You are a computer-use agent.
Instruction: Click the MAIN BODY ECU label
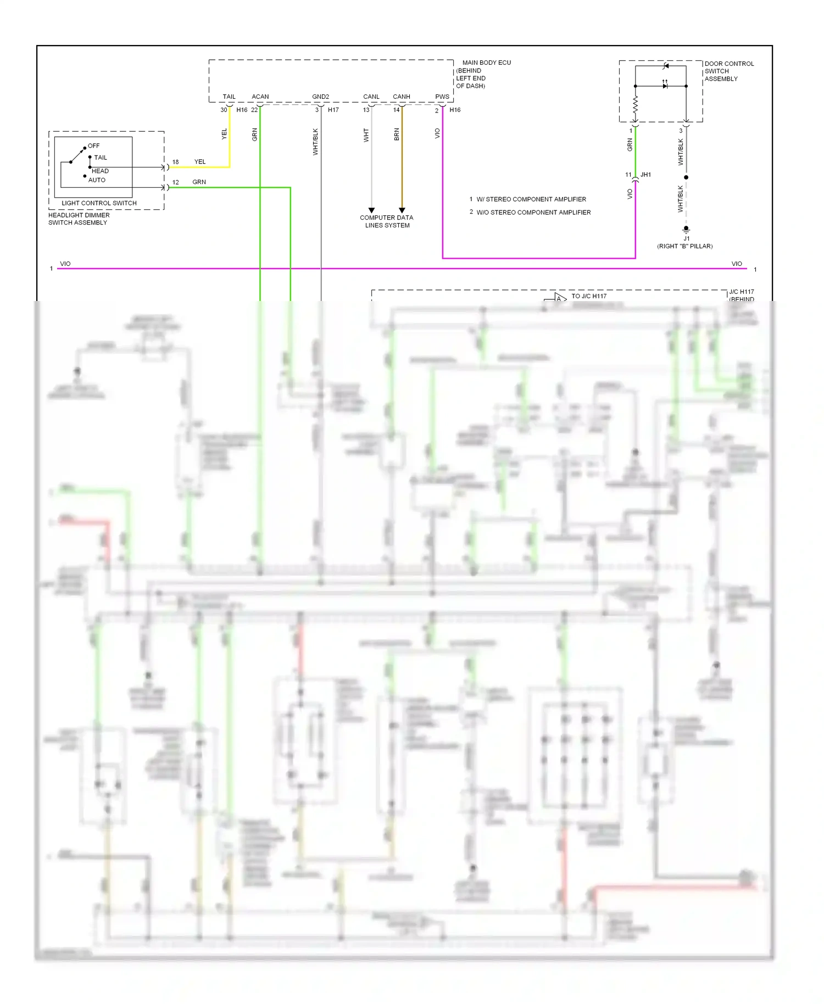486,63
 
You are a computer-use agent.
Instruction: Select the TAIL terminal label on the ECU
229,97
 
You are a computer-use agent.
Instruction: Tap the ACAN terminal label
260,97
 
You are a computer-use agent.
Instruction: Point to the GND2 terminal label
320,97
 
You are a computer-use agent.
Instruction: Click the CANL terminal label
371,97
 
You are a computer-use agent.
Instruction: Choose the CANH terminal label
401,97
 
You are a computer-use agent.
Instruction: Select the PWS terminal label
442,97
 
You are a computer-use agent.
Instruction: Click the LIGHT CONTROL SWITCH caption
99,203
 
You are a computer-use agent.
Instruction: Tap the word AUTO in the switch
97,180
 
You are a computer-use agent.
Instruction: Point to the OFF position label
94,146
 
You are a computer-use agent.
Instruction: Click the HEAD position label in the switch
100,171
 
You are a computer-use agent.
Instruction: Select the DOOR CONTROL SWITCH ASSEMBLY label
728,71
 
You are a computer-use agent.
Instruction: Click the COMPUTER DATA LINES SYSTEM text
387,221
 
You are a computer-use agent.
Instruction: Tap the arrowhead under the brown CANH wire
402,210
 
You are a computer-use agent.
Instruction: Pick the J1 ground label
686,238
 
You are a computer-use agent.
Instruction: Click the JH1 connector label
645,175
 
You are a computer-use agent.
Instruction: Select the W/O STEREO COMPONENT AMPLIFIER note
533,213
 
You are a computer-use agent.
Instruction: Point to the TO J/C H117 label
588,296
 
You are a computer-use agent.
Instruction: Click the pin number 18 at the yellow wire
175,162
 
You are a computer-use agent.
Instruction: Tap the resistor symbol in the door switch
636,104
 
